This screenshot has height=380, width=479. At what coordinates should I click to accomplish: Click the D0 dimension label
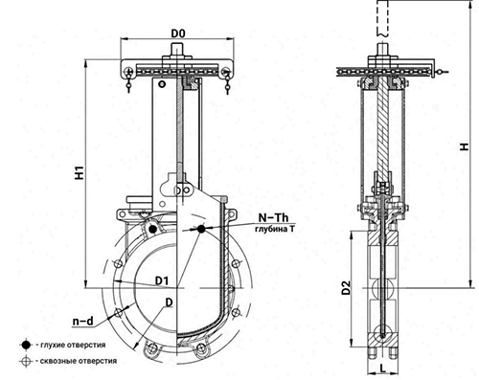pyautogui.click(x=178, y=33)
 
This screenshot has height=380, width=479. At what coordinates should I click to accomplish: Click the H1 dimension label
pyautogui.click(x=79, y=172)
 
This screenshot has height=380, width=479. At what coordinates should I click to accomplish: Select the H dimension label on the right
pyautogui.click(x=465, y=146)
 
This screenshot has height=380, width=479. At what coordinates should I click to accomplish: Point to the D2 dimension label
pyautogui.click(x=346, y=287)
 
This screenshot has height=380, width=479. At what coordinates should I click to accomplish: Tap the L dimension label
pyautogui.click(x=383, y=368)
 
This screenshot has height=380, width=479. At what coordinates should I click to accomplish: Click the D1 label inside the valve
pyautogui.click(x=162, y=280)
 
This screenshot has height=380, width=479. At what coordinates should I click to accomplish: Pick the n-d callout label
pyautogui.click(x=83, y=321)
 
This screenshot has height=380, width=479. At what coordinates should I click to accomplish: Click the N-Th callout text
pyautogui.click(x=273, y=217)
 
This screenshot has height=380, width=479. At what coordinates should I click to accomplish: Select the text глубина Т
pyautogui.click(x=275, y=229)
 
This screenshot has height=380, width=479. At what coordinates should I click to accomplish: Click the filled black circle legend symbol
pyautogui.click(x=26, y=345)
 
